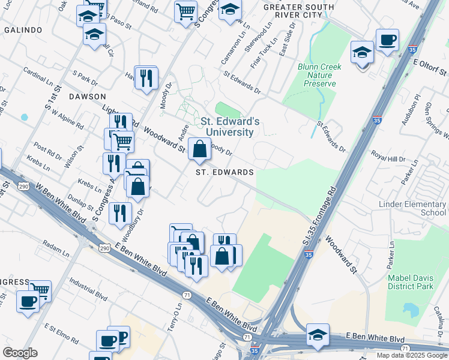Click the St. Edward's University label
click(230, 127)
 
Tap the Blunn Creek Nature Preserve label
click(320, 75)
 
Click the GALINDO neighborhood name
click(23, 30)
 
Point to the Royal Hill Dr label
click(388, 157)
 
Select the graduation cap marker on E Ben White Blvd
click(318, 334)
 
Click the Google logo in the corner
click(20, 353)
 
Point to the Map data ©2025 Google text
click(411, 355)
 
